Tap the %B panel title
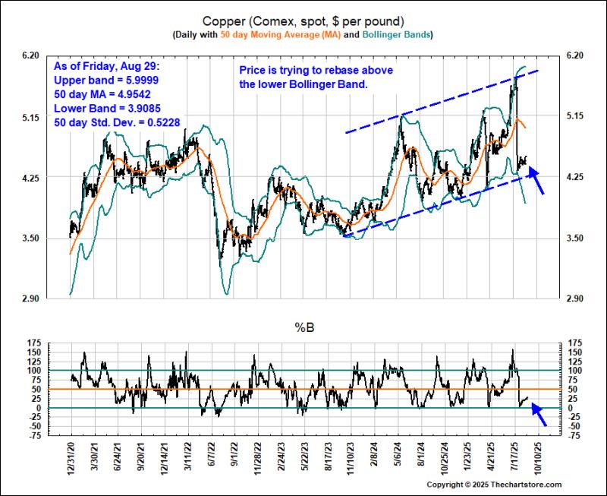304,327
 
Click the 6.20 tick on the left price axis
30,55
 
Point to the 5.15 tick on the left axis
30,116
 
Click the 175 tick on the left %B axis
33,344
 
